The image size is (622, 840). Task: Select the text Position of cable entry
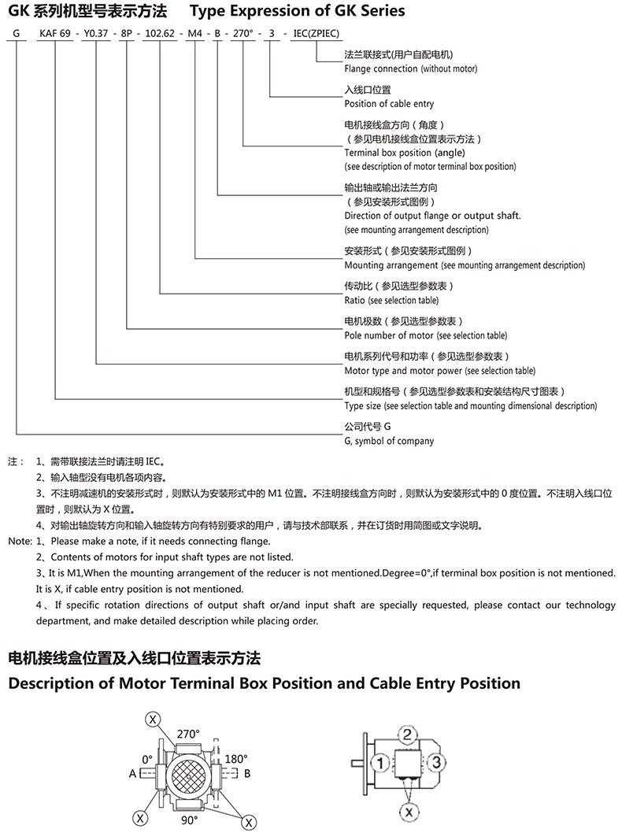click(389, 103)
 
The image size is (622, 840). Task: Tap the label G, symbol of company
click(389, 441)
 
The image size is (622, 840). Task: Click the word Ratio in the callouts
click(355, 300)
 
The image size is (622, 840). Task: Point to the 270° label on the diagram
click(188, 734)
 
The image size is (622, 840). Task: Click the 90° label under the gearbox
click(190, 820)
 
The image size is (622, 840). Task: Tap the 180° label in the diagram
click(236, 759)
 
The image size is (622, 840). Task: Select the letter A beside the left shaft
click(132, 773)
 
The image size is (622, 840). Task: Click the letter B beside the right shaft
click(246, 773)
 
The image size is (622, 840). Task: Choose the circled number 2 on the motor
click(406, 735)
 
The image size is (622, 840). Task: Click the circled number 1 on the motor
click(379, 762)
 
